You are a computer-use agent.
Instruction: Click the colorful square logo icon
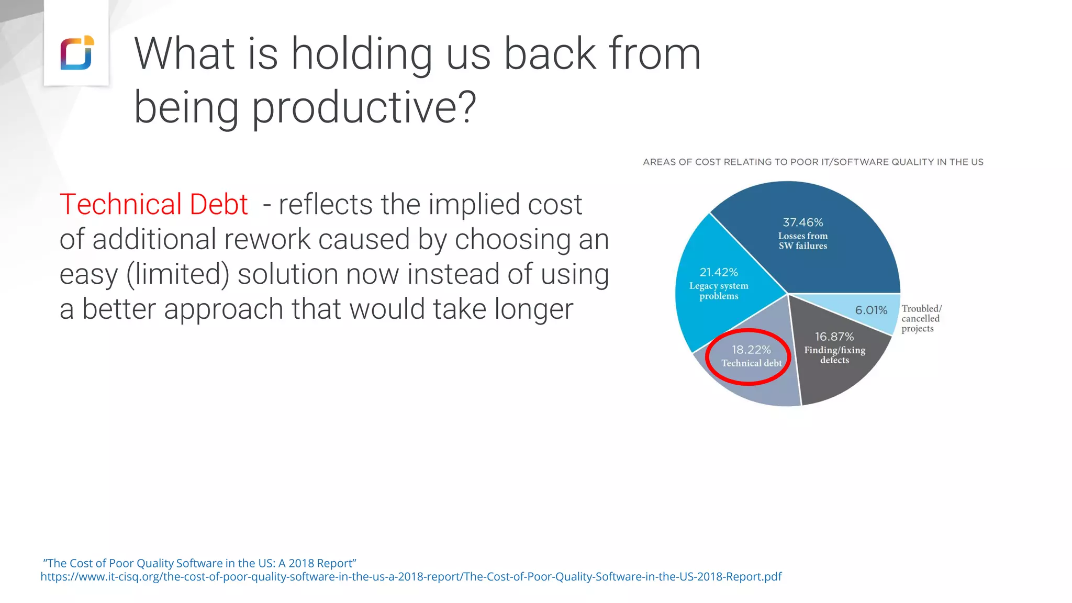(x=77, y=53)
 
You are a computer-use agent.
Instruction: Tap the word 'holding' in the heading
(x=361, y=54)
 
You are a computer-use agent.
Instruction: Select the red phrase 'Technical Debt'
(x=153, y=204)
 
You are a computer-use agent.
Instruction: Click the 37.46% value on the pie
(x=802, y=222)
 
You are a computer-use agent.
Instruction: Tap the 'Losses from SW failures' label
(x=802, y=241)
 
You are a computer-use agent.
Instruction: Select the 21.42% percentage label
(x=719, y=272)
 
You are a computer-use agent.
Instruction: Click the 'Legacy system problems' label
(x=719, y=291)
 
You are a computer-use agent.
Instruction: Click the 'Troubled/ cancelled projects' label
(x=921, y=319)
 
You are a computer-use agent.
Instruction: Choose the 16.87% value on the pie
(x=834, y=337)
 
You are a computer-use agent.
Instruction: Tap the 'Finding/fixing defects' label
(x=834, y=355)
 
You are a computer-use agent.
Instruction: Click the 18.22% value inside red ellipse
(x=751, y=350)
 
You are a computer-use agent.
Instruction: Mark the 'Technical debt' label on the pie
(x=751, y=363)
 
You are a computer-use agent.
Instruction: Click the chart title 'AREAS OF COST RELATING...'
(x=813, y=162)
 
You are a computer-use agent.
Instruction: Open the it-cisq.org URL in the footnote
(x=411, y=577)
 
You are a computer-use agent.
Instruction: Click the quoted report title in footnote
(x=199, y=563)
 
